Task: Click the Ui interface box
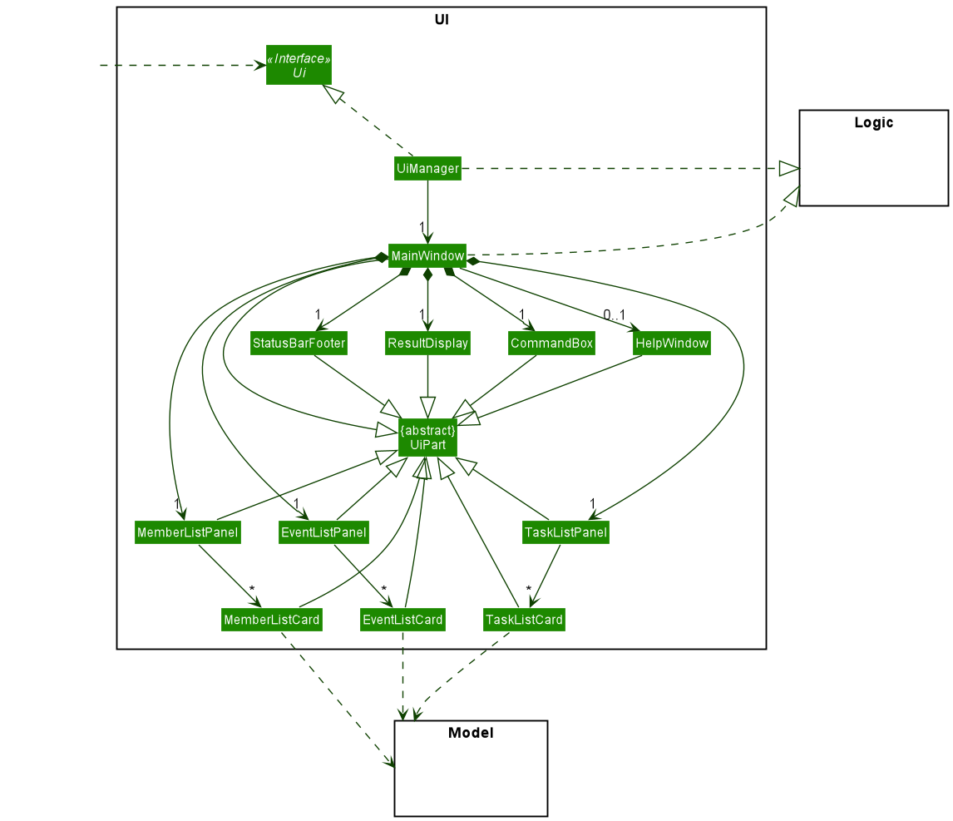(x=299, y=65)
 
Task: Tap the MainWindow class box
(x=427, y=255)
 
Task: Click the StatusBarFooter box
(x=299, y=344)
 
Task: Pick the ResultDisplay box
(x=427, y=344)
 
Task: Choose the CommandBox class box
(x=552, y=344)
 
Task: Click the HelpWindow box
(x=671, y=344)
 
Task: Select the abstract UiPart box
(x=427, y=438)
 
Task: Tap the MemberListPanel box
(x=188, y=532)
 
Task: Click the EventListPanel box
(x=323, y=532)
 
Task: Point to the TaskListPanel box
(x=565, y=532)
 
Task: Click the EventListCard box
(x=403, y=620)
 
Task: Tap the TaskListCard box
(x=524, y=620)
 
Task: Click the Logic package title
(x=873, y=123)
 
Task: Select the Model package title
(x=471, y=733)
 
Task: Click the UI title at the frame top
(x=442, y=19)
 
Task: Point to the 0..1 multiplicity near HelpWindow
(x=615, y=314)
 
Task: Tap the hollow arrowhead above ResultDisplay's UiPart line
(x=427, y=407)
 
